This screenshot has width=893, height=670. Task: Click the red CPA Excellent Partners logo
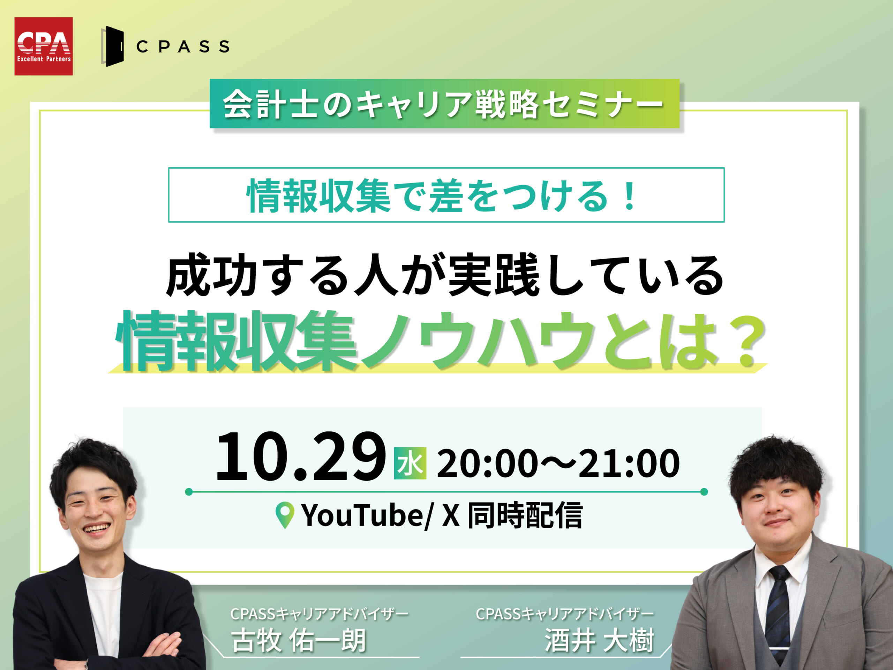pyautogui.click(x=44, y=46)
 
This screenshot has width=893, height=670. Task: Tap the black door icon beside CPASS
pyautogui.click(x=113, y=46)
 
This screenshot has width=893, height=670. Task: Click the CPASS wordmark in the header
pyautogui.click(x=183, y=46)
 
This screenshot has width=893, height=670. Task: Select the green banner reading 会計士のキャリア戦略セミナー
pyautogui.click(x=444, y=103)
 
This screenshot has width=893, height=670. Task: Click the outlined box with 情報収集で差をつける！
pyautogui.click(x=446, y=195)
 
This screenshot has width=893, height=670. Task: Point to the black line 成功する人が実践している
pyautogui.click(x=445, y=275)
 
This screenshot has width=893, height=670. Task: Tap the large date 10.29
pyautogui.click(x=301, y=456)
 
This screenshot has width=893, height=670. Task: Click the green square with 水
pyautogui.click(x=410, y=463)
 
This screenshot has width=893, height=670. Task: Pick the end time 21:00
pyautogui.click(x=629, y=463)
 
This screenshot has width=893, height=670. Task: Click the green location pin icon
pyautogui.click(x=285, y=515)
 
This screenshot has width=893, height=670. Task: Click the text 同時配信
pyautogui.click(x=525, y=515)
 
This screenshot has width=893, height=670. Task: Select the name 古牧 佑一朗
pyautogui.click(x=299, y=641)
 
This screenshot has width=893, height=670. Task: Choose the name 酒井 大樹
pyautogui.click(x=599, y=641)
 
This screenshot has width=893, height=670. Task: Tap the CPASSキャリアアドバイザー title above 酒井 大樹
pyautogui.click(x=564, y=614)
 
